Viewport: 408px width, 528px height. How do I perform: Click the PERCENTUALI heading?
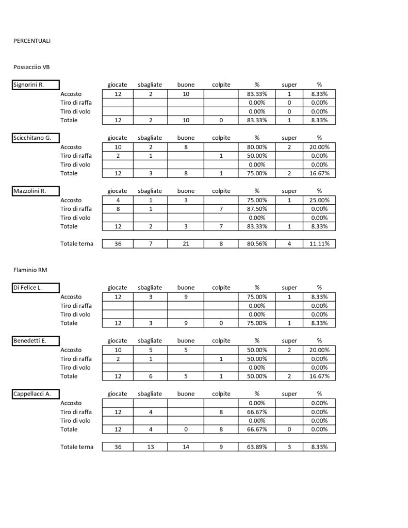coord(32,41)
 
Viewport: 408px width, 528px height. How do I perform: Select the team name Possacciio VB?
coord(31,67)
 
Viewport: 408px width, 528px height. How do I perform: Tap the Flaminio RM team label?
coord(30,270)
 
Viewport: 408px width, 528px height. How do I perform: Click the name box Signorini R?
coord(36,85)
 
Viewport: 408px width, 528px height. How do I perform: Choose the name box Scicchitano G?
coord(36,138)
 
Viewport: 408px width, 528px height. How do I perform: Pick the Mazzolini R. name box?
coord(36,191)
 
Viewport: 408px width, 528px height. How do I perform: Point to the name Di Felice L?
coord(36,288)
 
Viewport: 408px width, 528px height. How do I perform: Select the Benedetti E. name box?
coord(36,341)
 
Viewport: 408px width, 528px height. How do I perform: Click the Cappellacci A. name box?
coord(36,394)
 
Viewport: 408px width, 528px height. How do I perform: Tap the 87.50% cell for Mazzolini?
coord(257,209)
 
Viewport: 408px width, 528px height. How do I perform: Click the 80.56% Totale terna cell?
coord(257,244)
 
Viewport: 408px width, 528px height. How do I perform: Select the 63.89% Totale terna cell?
coord(257,447)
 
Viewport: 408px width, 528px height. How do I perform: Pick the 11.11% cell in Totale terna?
coord(319,244)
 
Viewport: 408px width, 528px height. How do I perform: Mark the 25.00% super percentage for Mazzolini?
coord(319,200)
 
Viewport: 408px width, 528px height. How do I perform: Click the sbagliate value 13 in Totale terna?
coord(151,447)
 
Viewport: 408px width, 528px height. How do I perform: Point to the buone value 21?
coord(186,244)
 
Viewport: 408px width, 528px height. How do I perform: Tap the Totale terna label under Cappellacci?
coord(77,447)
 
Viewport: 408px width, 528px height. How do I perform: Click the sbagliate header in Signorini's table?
coord(150,85)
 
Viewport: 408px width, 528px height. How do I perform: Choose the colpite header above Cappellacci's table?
coord(221,394)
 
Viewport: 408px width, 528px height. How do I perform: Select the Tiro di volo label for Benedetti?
coord(76,368)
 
